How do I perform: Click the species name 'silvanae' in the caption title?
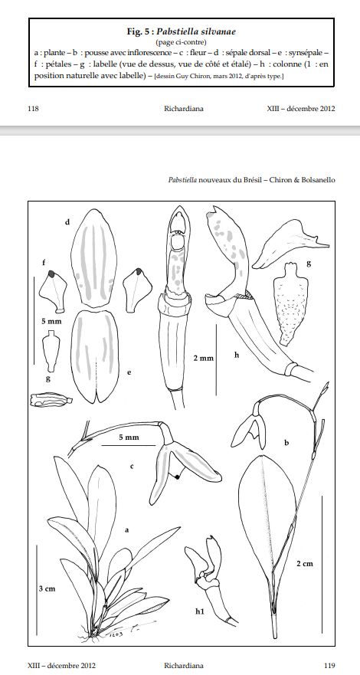point(218,31)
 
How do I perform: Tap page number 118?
point(33,109)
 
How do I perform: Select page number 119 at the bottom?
point(329,666)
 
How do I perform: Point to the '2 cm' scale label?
point(304,563)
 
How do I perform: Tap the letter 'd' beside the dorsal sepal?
point(67,222)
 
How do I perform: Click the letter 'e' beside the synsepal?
point(129,372)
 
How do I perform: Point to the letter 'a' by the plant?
point(127,530)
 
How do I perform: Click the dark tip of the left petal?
point(51,274)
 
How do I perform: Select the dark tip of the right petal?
point(139,271)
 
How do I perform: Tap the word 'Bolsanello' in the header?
point(319,180)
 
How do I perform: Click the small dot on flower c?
point(176,477)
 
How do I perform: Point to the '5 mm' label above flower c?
point(129,437)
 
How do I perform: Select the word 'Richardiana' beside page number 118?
point(184,109)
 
